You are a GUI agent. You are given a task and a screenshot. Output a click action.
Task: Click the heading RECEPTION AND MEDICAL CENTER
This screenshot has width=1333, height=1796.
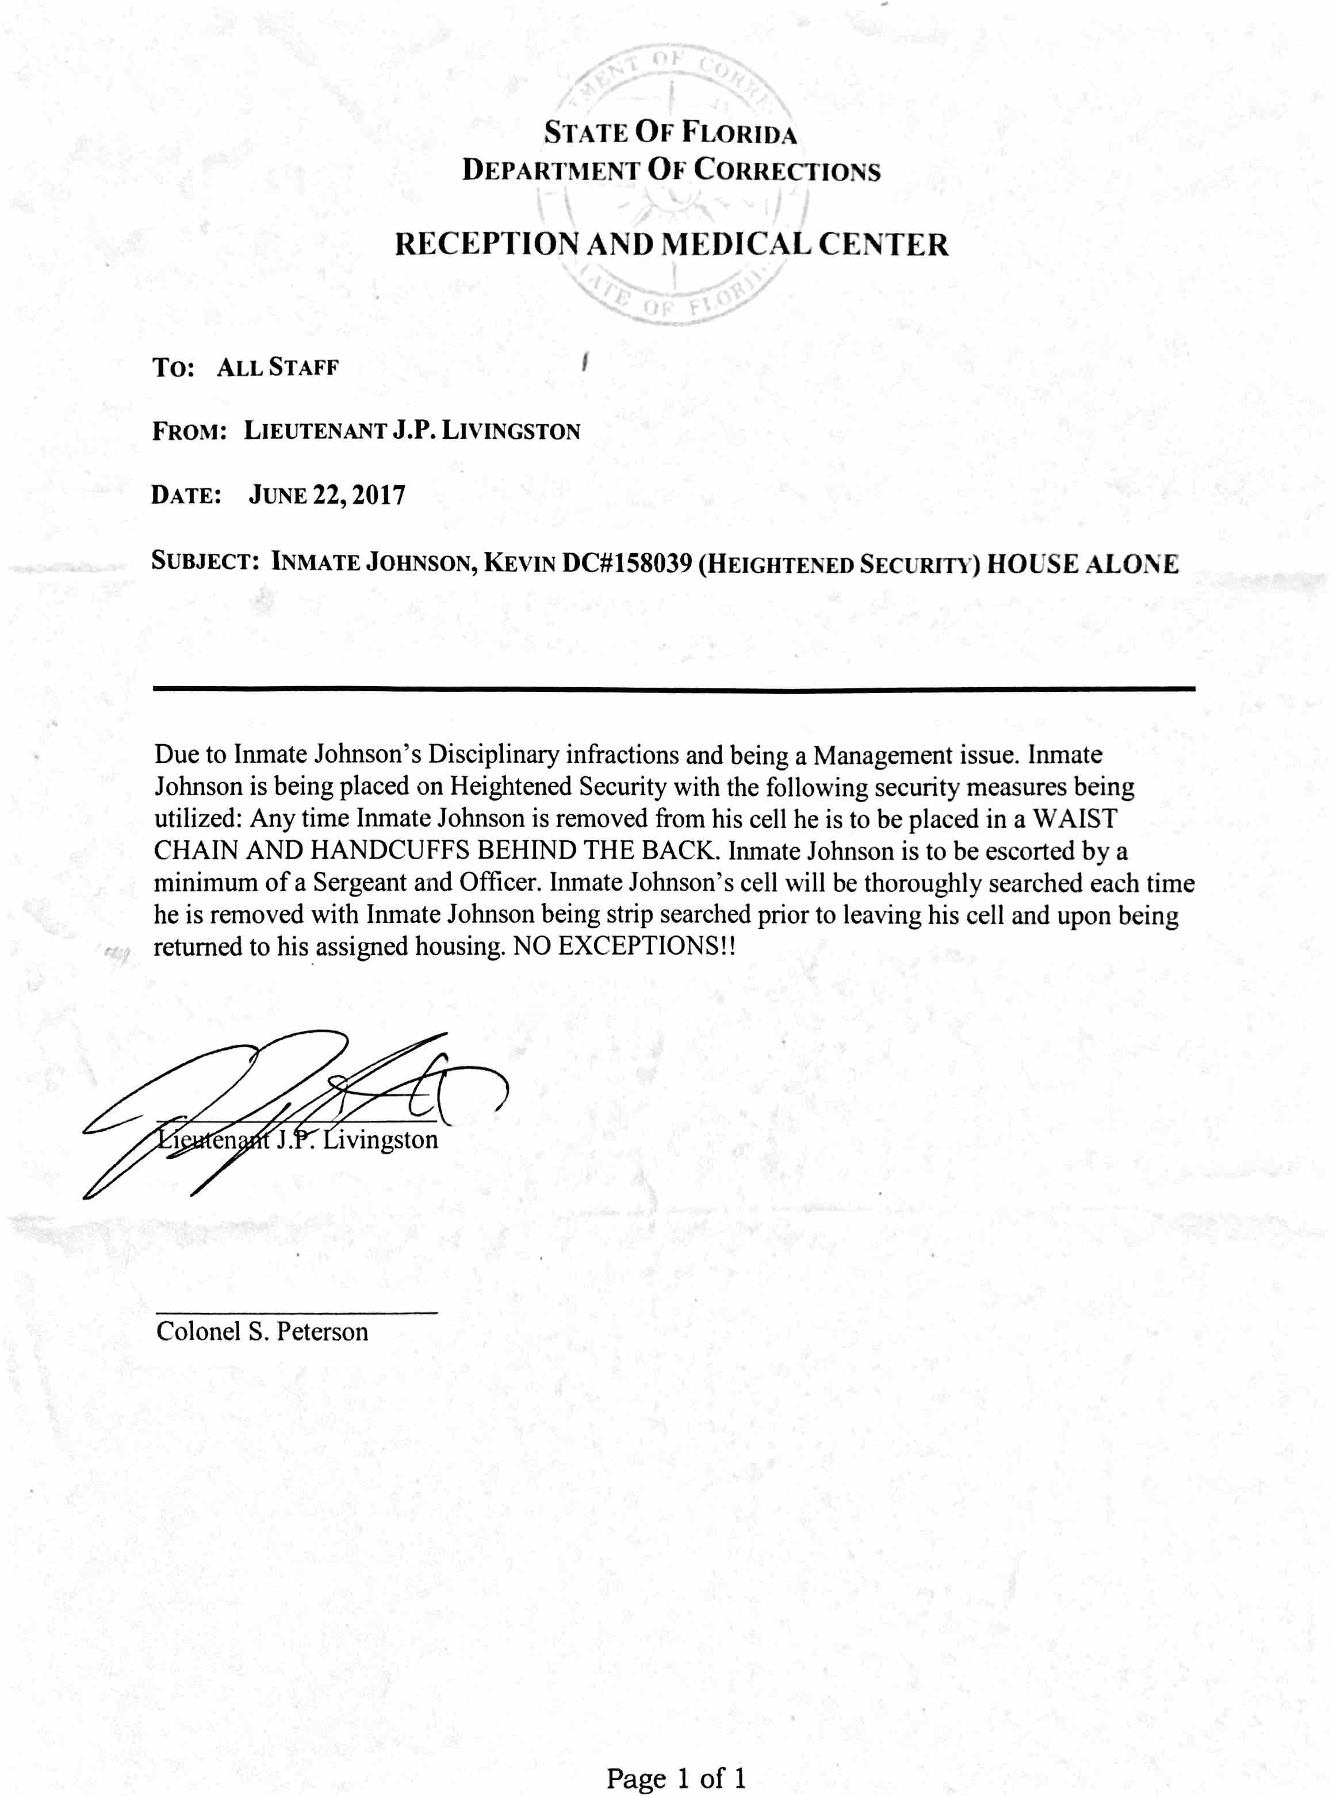point(671,244)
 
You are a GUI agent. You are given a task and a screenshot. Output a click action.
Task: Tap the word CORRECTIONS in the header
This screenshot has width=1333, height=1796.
point(787,170)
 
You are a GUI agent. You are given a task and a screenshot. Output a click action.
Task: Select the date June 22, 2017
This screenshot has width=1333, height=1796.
point(327,495)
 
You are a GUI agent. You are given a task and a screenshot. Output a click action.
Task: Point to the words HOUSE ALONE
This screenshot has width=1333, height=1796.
point(1082,563)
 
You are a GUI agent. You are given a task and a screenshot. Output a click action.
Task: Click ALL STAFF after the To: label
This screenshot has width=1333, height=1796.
point(278,368)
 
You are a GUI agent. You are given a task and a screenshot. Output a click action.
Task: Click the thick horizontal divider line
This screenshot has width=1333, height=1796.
point(674,688)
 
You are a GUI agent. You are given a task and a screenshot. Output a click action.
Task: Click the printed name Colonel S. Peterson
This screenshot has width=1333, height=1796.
point(262,1331)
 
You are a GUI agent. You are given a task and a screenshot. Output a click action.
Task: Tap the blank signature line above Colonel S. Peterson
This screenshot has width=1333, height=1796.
point(296,1313)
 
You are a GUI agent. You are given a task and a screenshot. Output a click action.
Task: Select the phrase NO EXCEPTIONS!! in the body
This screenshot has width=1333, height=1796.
point(624,947)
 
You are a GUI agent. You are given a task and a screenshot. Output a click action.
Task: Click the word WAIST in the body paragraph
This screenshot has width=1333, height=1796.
point(1075,819)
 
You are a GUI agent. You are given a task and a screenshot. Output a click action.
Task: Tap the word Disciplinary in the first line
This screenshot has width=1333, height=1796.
point(493,755)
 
